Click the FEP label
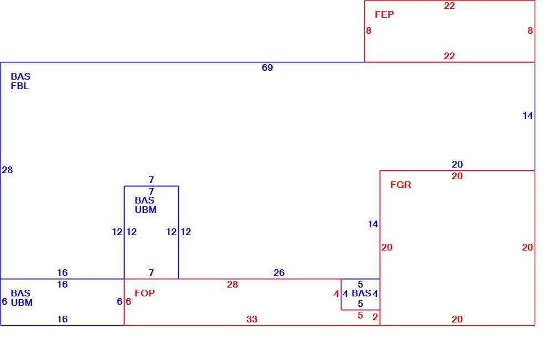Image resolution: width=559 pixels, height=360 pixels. click(384, 14)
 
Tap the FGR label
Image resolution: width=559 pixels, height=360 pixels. click(401, 185)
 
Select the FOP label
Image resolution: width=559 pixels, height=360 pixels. click(145, 293)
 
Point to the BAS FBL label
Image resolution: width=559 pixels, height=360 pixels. click(20, 81)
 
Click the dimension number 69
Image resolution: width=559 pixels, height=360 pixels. click(267, 67)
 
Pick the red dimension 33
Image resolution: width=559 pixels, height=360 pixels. click(252, 319)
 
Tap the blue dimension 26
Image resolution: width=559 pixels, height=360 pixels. click(279, 273)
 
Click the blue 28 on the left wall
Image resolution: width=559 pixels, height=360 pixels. click(7, 170)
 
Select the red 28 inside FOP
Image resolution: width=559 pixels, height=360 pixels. click(232, 284)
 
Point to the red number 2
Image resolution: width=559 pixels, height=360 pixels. click(375, 317)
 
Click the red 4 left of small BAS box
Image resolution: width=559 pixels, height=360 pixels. click(336, 294)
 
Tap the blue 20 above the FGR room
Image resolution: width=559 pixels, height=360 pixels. click(457, 164)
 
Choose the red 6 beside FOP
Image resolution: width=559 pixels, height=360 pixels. click(128, 301)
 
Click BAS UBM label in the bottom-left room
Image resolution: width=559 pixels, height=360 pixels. click(22, 298)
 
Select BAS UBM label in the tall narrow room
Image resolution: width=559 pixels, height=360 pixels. click(146, 205)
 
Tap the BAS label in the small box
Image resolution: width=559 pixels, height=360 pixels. click(361, 294)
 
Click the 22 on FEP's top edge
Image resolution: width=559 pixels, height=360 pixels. click(449, 6)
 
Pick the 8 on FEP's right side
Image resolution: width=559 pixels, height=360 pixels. click(530, 31)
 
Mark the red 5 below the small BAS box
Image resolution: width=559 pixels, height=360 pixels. click(360, 316)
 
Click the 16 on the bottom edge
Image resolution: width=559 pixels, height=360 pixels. click(63, 320)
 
